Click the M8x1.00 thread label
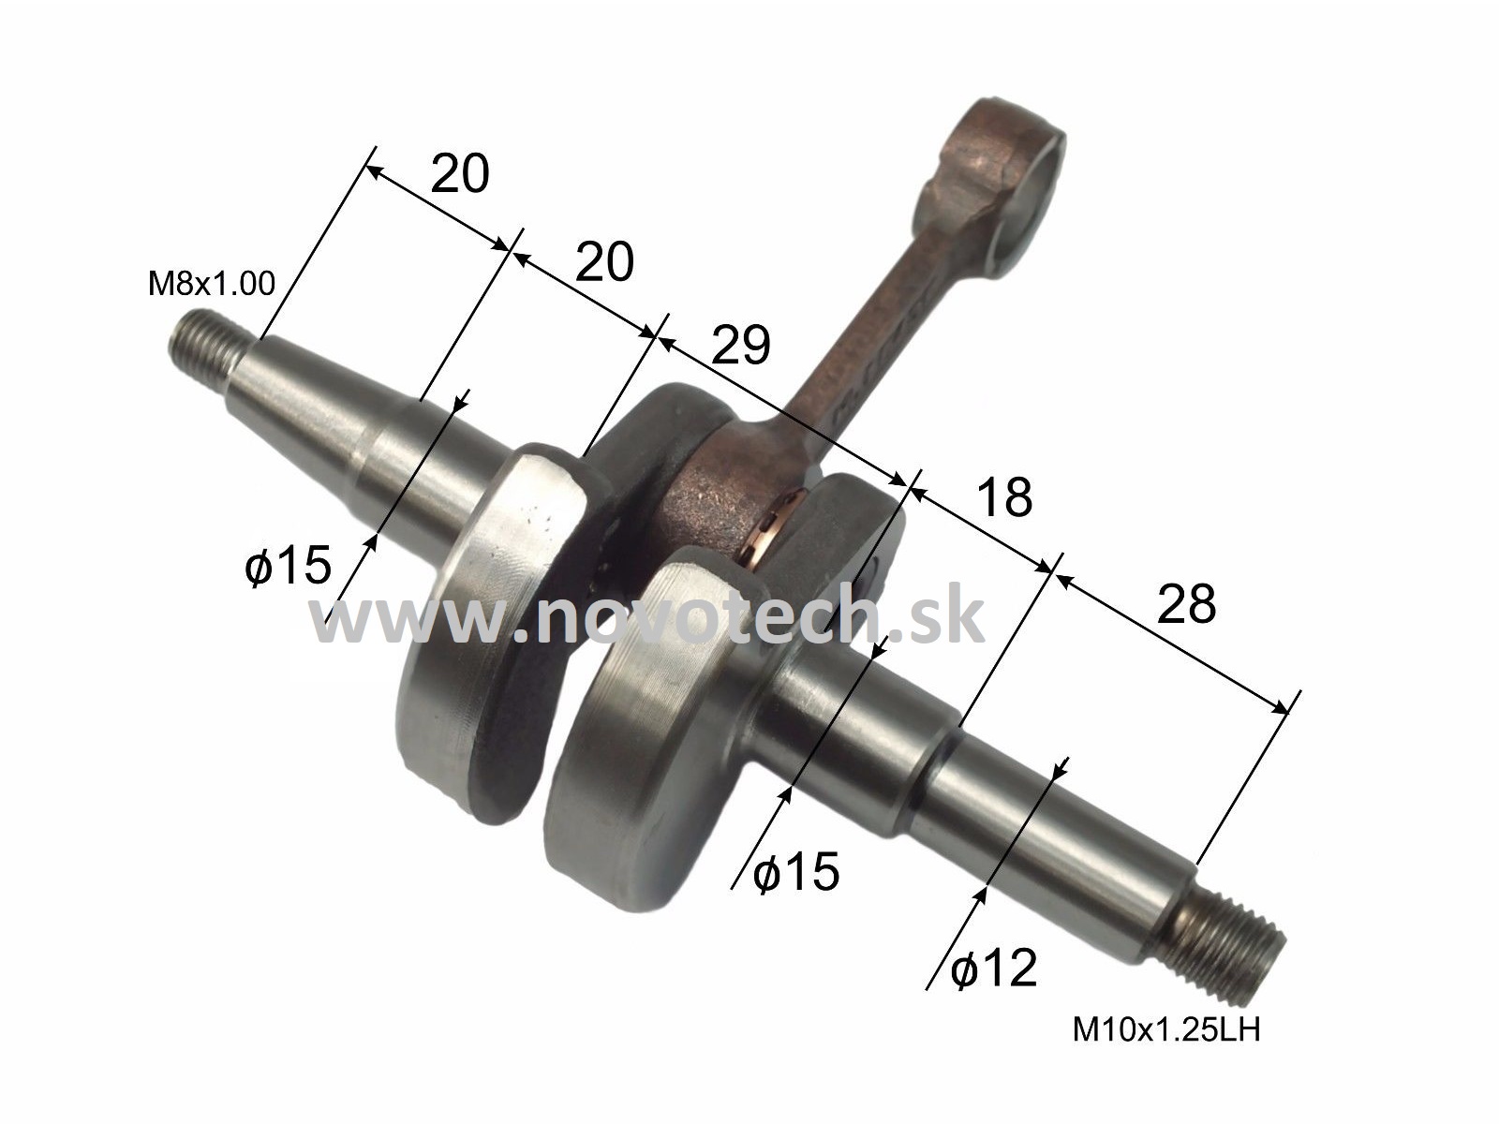pyautogui.click(x=212, y=283)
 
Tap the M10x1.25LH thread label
pyautogui.click(x=1166, y=1029)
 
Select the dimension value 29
pyautogui.click(x=740, y=346)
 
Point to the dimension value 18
pyautogui.click(x=1004, y=497)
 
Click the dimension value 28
pyautogui.click(x=1186, y=603)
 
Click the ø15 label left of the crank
pyautogui.click(x=289, y=565)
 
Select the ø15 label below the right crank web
pyautogui.click(x=796, y=871)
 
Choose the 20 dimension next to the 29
pyautogui.click(x=604, y=261)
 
